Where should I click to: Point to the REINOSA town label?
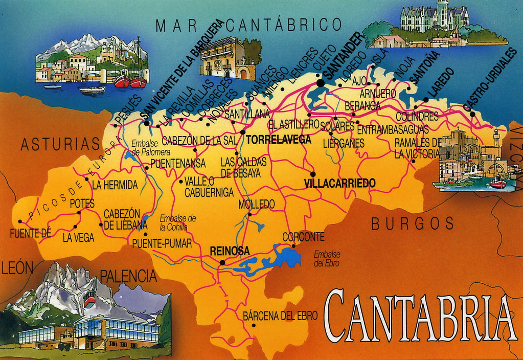tap(230, 251)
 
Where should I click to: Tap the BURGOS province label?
tap(413, 223)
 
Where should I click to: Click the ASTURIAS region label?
tap(60, 145)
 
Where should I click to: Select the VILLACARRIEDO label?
tap(339, 183)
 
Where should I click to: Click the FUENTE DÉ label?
tap(31, 234)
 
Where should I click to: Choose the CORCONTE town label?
tap(303, 237)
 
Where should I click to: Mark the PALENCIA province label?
tap(128, 277)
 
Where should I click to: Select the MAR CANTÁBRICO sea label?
tap(248, 24)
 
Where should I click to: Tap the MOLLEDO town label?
tap(256, 205)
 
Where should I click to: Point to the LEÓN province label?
tap(17, 267)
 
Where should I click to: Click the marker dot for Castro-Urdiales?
tap(473, 114)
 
